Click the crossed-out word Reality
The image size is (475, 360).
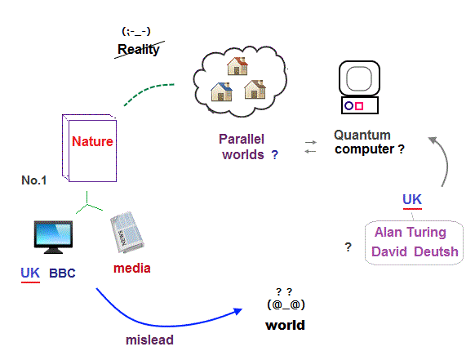pos(139,49)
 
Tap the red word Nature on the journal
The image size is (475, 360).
pos(92,141)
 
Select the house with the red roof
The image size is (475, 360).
pos(237,66)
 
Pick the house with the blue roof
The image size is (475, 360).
pos(221,91)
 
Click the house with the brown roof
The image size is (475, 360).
pos(255,90)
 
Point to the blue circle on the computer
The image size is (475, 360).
pos(348,105)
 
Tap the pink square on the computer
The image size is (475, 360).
pos(359,106)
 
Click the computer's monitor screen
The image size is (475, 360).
pos(359,78)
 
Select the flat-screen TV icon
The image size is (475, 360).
pos(53,238)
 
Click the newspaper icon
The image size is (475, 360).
pos(127,232)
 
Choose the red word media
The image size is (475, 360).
pos(132,269)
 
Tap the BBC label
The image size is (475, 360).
pos(62,273)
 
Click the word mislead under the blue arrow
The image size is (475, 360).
pos(149,340)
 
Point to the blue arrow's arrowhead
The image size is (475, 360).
pos(237,312)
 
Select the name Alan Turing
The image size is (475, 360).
pos(411,233)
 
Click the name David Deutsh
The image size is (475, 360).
pos(415,251)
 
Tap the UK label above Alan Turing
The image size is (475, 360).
pos(412,200)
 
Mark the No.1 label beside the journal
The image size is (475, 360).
pos(34,180)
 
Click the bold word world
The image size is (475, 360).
pos(285,326)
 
